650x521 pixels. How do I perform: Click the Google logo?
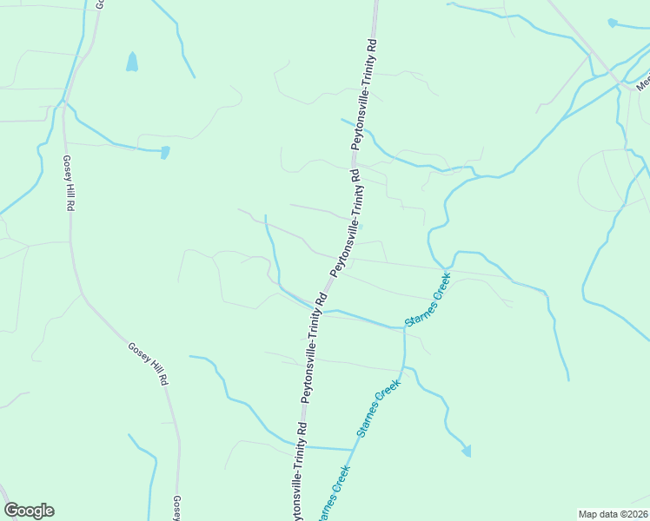click(29, 511)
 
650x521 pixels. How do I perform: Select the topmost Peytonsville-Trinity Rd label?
click(365, 94)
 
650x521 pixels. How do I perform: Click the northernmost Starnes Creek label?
click(433, 300)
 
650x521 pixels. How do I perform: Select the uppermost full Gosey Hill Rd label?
click(67, 184)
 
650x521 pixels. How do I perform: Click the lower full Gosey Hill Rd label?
click(148, 364)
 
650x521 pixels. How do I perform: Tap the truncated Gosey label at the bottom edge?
click(176, 509)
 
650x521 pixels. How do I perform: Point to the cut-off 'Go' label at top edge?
click(100, 4)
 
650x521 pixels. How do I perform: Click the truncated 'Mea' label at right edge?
click(643, 83)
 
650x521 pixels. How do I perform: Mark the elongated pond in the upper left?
click(132, 62)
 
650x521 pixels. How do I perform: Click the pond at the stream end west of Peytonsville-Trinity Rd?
click(165, 153)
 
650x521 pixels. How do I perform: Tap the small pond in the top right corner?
click(613, 23)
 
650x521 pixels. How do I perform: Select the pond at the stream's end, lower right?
click(467, 451)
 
